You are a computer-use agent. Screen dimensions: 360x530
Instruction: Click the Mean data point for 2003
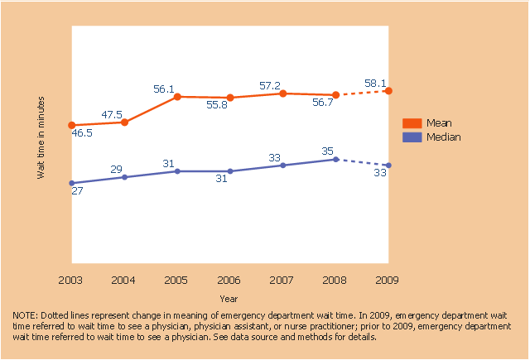tap(71, 125)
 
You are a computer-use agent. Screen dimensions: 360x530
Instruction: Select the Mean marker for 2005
tap(177, 97)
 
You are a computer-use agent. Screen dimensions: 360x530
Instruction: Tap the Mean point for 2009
tap(388, 90)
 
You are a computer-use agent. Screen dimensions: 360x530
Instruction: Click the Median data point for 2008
tap(335, 159)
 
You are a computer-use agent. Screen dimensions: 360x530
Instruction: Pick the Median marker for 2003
tap(71, 183)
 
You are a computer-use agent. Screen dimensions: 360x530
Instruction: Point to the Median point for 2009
tap(388, 166)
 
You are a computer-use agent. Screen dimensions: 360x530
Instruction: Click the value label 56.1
tap(164, 89)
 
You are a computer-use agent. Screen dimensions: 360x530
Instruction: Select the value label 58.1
tap(376, 83)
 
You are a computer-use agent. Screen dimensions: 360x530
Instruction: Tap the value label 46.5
tap(81, 132)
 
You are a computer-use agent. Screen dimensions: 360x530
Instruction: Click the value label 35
tap(328, 151)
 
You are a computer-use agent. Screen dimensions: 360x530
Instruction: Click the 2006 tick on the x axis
tap(230, 281)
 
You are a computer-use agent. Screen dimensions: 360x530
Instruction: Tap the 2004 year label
tap(124, 281)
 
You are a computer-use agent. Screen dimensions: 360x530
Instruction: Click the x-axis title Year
tap(229, 298)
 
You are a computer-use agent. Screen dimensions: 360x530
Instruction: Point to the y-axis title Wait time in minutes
tap(41, 137)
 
